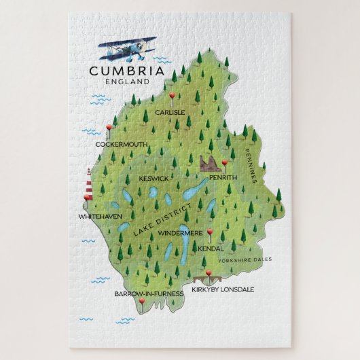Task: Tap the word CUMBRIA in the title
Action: [x=126, y=70]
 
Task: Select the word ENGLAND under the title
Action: [x=127, y=81]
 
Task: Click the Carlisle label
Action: [x=169, y=113]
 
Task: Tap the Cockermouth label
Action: [x=121, y=144]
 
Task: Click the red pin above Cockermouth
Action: [x=109, y=128]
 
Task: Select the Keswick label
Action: [x=154, y=179]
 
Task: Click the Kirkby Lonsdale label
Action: [x=222, y=289]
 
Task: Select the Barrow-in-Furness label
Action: [x=149, y=293]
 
